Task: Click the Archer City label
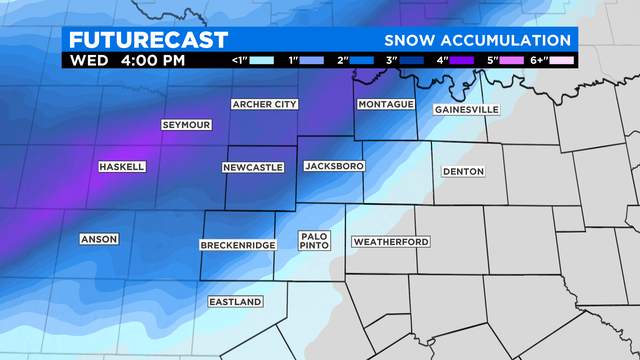coord(265,104)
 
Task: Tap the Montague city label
coord(385,104)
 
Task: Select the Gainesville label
coord(466,109)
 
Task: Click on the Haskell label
coord(122,167)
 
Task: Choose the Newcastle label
coord(253,167)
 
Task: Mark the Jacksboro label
coord(333,166)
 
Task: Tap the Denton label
coord(463,171)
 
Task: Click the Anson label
coord(99,239)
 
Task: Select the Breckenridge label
coord(237,245)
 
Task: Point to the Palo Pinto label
coord(313,241)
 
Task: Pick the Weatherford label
coord(391,242)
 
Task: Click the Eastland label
coord(235,302)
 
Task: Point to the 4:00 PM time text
coord(152,60)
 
